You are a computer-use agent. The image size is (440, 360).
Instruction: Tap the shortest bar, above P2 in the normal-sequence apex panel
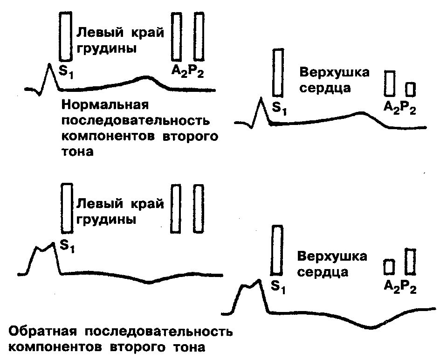[x=410, y=89]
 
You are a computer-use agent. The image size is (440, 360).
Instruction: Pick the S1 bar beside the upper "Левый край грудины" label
[x=66, y=36]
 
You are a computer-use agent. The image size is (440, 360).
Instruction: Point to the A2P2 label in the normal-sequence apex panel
[x=399, y=108]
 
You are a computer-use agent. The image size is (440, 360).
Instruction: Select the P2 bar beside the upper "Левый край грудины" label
[x=199, y=36]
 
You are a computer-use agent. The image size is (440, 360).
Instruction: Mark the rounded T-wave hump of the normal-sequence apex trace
[x=362, y=113]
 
